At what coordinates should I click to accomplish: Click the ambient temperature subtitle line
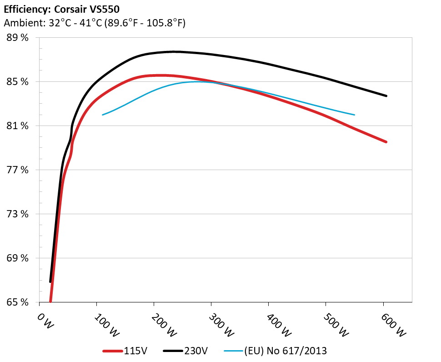tap(95, 23)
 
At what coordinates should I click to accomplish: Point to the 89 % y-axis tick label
tap(18, 38)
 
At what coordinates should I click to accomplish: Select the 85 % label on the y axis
tap(18, 82)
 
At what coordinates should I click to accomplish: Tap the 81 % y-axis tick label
tap(18, 126)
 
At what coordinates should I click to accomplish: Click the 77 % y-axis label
tap(18, 170)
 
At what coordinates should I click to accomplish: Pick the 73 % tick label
tap(18, 214)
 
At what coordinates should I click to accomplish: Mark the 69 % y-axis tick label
tap(18, 258)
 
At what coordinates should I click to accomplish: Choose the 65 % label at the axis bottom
tap(18, 302)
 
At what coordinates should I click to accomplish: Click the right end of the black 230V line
tap(386, 96)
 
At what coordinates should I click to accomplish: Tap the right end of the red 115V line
tap(386, 142)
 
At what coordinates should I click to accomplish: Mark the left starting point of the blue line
tap(103, 115)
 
